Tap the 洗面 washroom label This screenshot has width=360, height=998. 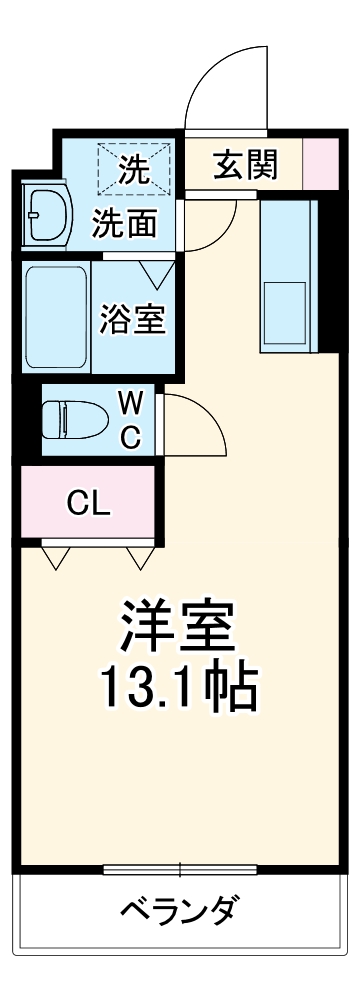tap(125, 223)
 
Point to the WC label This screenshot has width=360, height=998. tap(130, 421)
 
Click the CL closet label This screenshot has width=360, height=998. tap(89, 502)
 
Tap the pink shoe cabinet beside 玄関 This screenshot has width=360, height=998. tap(319, 165)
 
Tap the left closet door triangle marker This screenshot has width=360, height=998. tap(56, 557)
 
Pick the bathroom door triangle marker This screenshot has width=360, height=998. tap(157, 272)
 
